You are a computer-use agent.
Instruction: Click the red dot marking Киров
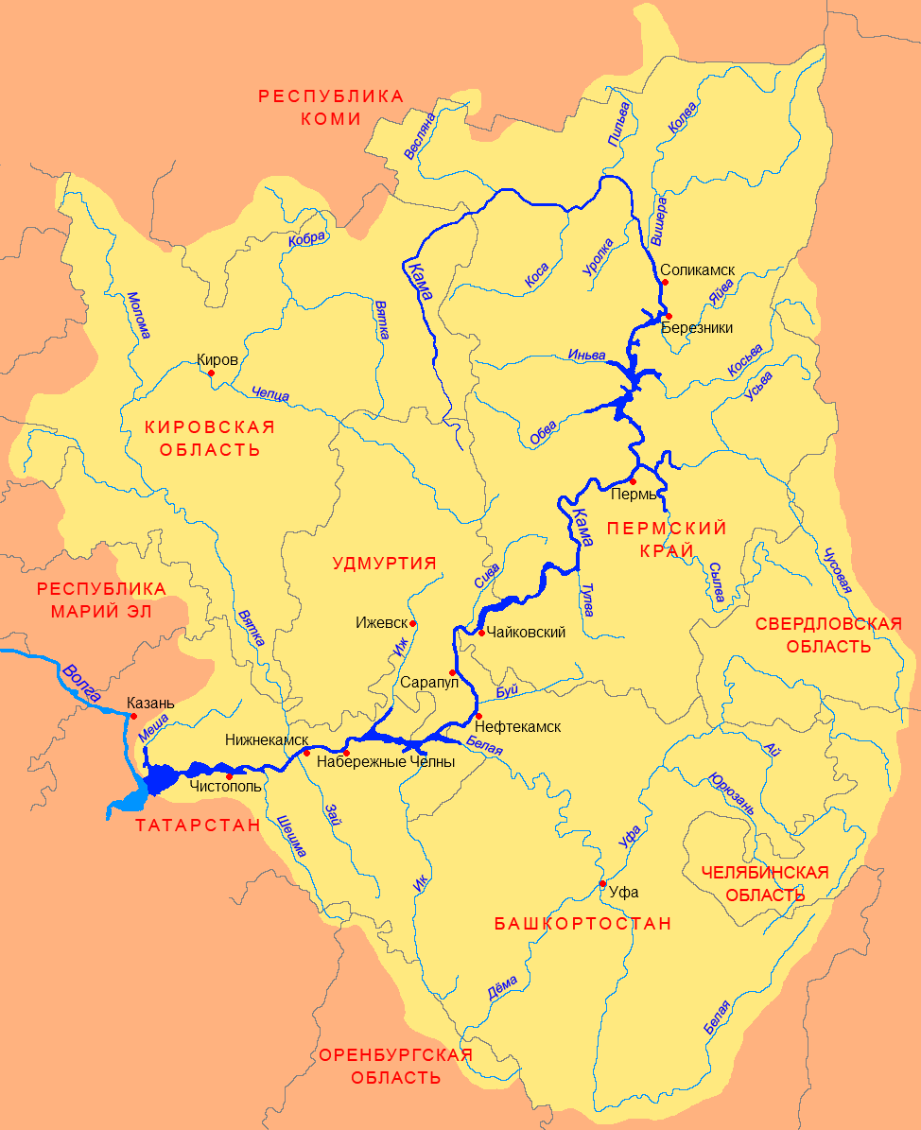tap(211, 373)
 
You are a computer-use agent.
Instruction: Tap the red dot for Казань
tap(133, 716)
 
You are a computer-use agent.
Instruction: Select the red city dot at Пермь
tap(634, 481)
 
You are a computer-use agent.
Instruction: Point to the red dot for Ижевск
tap(412, 623)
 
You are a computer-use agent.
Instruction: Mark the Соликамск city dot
tap(665, 282)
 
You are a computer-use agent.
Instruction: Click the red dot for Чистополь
tap(229, 776)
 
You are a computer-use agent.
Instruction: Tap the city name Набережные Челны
tap(386, 761)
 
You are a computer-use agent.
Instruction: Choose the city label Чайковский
tap(528, 632)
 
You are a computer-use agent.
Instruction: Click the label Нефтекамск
tap(518, 726)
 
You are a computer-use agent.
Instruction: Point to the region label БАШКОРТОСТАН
tap(582, 923)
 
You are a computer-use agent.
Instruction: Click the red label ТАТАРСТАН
tap(197, 826)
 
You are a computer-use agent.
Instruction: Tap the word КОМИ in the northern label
tap(331, 119)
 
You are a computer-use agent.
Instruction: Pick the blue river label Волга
tap(81, 683)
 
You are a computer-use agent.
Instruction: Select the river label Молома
tap(138, 314)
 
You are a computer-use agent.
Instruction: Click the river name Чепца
tap(271, 393)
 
